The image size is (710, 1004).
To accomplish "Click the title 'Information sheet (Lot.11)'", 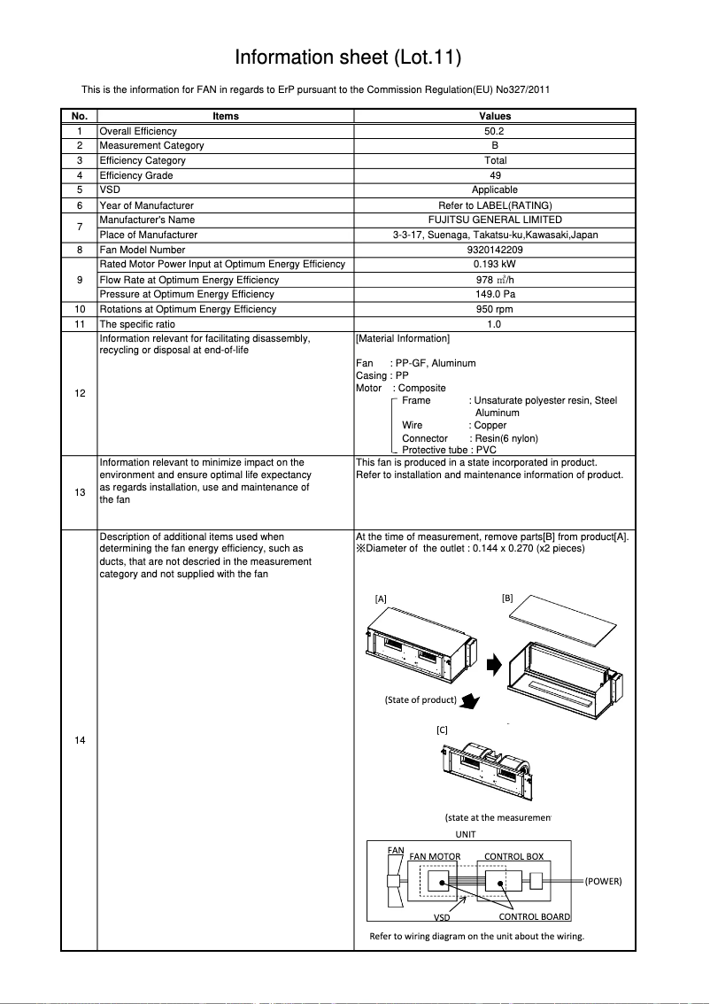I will click(x=348, y=58).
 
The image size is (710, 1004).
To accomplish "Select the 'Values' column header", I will click(x=495, y=116).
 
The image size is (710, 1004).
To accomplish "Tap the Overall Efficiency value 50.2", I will click(x=495, y=131).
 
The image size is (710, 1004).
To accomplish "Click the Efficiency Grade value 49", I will click(x=495, y=175).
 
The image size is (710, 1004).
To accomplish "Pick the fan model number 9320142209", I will click(x=495, y=250).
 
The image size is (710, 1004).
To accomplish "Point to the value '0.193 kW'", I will click(x=495, y=265).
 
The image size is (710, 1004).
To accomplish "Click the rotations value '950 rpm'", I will click(x=495, y=309).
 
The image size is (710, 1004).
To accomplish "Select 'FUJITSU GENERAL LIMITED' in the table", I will click(x=495, y=220).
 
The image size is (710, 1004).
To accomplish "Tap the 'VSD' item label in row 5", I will click(x=110, y=190).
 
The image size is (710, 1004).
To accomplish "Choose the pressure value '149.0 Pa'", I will click(x=495, y=294).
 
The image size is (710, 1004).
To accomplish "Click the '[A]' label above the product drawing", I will click(x=381, y=599).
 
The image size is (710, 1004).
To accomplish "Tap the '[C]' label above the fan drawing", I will click(x=442, y=730).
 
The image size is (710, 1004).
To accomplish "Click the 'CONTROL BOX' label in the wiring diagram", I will click(x=513, y=857).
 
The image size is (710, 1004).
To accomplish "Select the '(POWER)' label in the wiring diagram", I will click(x=603, y=882).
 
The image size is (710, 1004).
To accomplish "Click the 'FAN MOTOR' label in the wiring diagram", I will click(x=435, y=857).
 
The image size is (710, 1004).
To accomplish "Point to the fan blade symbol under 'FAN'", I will click(x=395, y=882).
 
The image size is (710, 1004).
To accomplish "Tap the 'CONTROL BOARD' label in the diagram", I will click(x=534, y=917).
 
